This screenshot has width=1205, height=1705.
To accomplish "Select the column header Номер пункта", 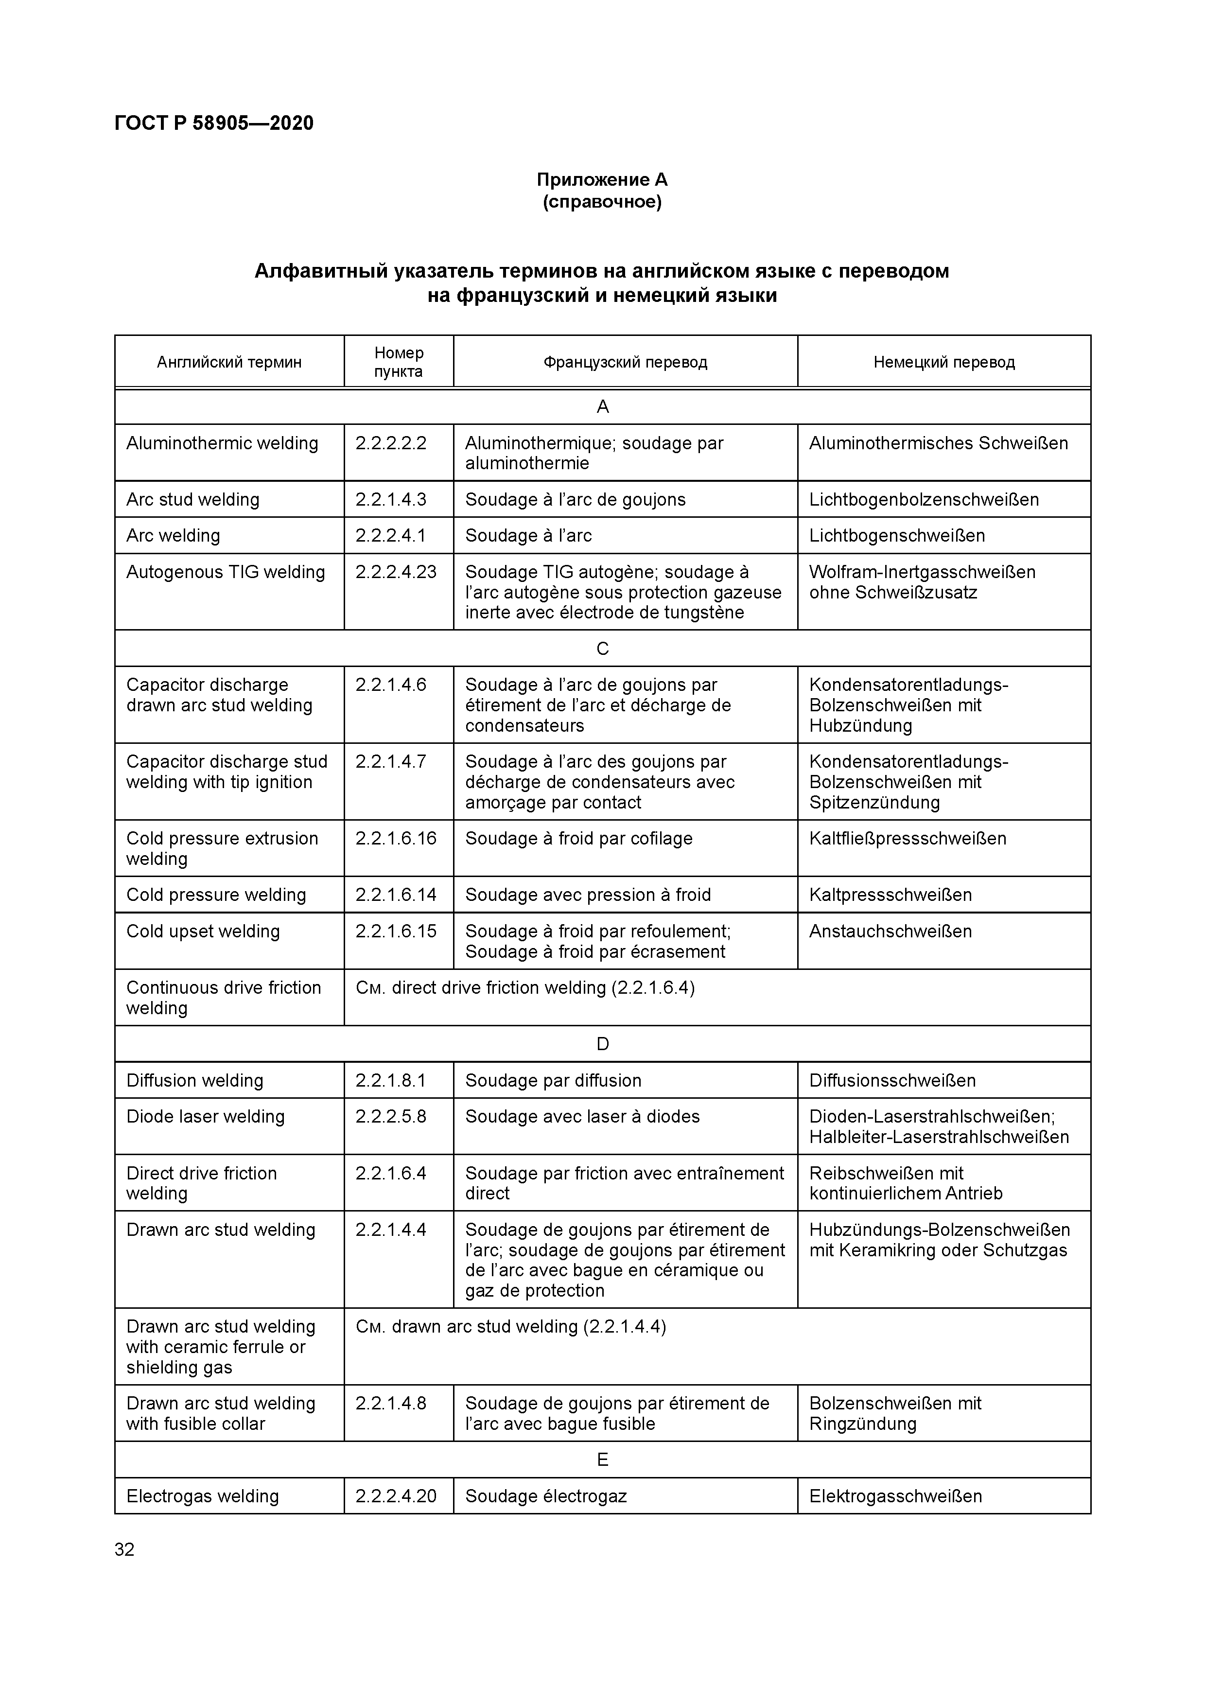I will coord(399,362).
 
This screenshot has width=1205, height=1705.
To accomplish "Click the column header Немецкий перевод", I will coord(943,362).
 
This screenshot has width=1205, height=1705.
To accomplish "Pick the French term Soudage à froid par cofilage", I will coord(578,838).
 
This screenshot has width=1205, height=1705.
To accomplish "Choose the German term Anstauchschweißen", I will coord(890,931).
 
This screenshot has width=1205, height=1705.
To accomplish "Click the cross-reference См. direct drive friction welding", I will coord(525,987).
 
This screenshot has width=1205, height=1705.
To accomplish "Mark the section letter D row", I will coord(602,1044).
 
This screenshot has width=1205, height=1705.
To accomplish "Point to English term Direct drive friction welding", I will coord(201,1183).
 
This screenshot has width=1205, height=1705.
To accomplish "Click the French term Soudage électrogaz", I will coord(546,1496).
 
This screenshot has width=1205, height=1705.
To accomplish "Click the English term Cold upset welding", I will coord(203,931).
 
